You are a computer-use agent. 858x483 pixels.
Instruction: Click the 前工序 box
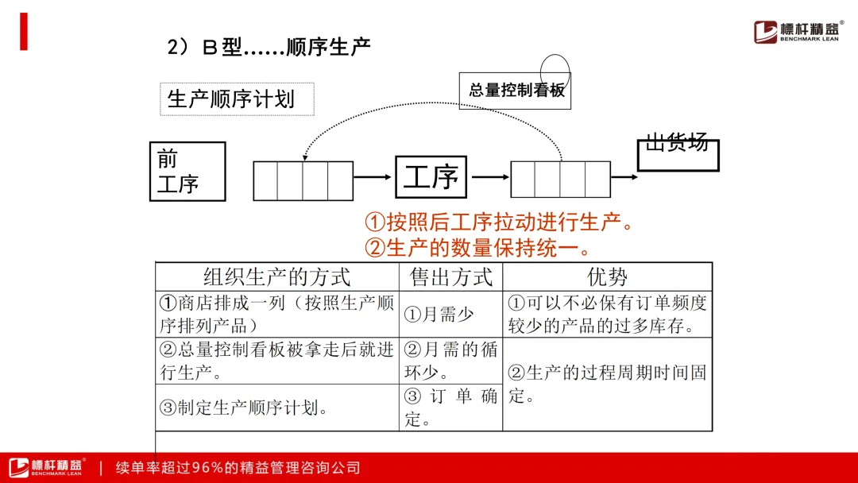[x=187, y=172]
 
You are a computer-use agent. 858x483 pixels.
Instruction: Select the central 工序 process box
[x=431, y=176]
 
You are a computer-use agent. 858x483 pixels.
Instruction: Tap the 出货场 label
[x=678, y=142]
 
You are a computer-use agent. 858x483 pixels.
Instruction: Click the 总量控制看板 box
[x=515, y=91]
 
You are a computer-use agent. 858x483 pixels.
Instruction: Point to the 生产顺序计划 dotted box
[x=237, y=99]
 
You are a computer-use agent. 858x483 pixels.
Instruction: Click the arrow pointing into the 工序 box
[x=373, y=176]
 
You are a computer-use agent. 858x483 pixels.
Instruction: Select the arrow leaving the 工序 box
[x=490, y=176]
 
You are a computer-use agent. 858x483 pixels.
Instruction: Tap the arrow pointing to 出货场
[x=624, y=176]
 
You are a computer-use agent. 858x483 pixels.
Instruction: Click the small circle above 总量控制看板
[x=555, y=56]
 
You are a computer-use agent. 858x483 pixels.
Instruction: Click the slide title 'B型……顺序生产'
[x=269, y=47]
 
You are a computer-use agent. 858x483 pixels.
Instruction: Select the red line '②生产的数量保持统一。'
[x=477, y=248]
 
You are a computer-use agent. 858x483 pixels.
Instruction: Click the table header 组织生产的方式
[x=277, y=276]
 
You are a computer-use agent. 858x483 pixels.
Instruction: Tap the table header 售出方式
[x=451, y=276]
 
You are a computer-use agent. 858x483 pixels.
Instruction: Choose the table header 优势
[x=608, y=276]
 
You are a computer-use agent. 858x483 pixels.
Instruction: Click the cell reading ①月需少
[x=439, y=314]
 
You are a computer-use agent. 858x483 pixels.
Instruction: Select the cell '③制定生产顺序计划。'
[x=244, y=408]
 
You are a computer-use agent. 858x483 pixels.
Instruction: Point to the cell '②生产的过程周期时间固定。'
[x=608, y=384]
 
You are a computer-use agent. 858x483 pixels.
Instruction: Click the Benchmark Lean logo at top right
[x=797, y=31]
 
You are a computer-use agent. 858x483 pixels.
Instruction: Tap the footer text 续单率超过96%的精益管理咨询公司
[x=238, y=468]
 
